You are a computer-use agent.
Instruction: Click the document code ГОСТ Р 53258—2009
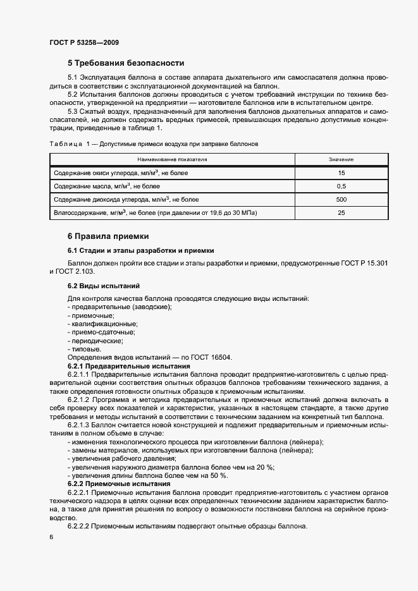click(83, 43)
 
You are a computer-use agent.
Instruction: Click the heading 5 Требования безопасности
click(126, 63)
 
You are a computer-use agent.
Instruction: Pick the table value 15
click(341, 173)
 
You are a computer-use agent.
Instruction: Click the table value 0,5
click(341, 186)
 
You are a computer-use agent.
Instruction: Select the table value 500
click(341, 199)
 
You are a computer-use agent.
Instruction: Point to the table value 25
click(341, 212)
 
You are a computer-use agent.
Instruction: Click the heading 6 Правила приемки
click(108, 236)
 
